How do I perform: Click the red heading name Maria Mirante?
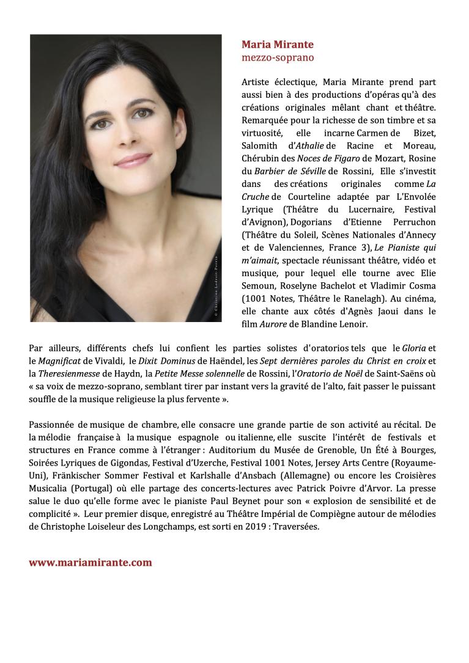pos(277,45)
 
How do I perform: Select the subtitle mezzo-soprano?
pos(278,57)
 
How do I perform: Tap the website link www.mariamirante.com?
pos(90,563)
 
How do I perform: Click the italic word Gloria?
pos(414,348)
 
